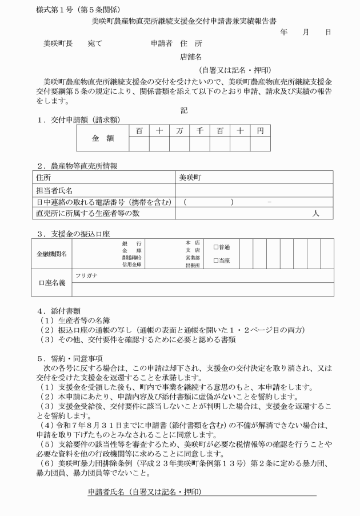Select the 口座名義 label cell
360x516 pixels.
pyautogui.click(x=52, y=282)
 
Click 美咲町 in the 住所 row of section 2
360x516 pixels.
pyautogui.click(x=191, y=178)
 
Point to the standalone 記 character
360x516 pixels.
pyautogui.click(x=183, y=110)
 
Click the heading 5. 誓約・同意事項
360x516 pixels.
pyautogui.click(x=70, y=358)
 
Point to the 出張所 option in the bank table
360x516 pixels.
pyautogui.click(x=193, y=265)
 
